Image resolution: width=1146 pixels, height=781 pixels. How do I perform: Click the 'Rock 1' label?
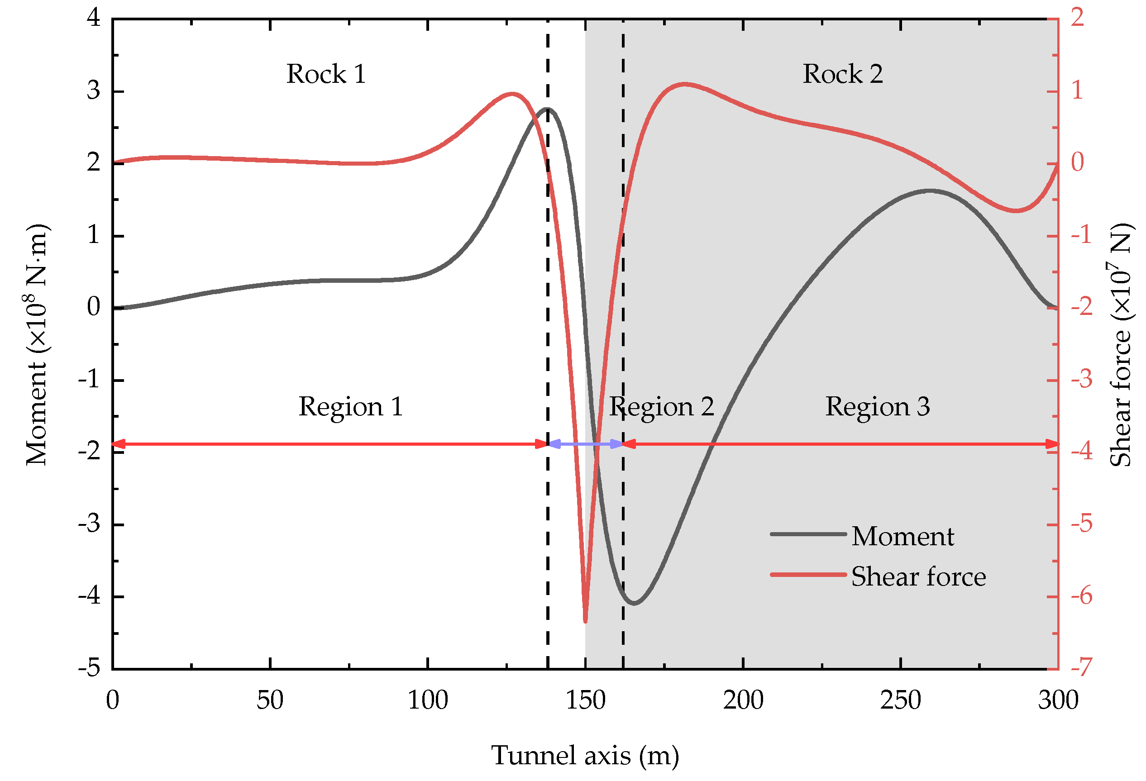click(326, 75)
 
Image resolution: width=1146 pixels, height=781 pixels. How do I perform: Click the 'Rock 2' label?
click(842, 75)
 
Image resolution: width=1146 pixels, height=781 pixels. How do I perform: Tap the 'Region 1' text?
click(351, 407)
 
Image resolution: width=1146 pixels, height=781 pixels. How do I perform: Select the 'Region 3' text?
click(877, 407)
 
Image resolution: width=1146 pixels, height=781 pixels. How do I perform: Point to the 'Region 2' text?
click(661, 407)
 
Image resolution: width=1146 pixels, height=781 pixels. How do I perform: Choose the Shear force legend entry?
click(878, 576)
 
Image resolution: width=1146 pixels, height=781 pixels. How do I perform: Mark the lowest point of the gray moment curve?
click(634, 603)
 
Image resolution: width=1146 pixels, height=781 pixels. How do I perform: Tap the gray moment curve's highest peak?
click(548, 109)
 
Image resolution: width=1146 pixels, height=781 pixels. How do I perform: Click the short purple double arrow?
click(585, 444)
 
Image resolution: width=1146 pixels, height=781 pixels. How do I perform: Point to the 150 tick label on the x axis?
click(585, 700)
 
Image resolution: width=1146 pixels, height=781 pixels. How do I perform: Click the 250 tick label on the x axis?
click(900, 700)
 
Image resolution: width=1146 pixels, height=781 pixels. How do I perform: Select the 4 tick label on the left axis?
click(94, 18)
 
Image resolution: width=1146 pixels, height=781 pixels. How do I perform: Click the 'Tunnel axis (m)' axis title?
click(585, 756)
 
